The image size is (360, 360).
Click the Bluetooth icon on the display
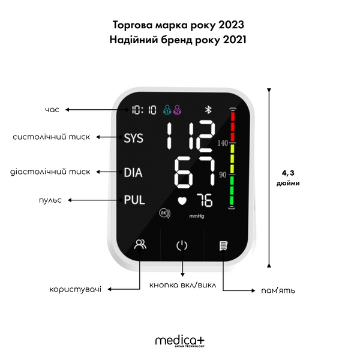coord(208,110)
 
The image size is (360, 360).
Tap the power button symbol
coord(182,245)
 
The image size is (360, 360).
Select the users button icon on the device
coord(140,244)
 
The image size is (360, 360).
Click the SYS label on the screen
coord(133,138)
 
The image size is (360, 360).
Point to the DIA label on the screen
coord(133,172)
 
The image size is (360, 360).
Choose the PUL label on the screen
coord(134,200)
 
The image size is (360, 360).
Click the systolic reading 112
coord(191,136)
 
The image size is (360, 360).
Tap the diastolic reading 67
coord(194,172)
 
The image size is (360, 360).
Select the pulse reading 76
coord(205,200)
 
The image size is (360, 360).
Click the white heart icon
coord(182,201)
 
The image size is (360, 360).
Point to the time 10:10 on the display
coord(144,110)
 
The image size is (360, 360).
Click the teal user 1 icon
coord(167,110)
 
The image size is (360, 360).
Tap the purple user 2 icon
coord(177,110)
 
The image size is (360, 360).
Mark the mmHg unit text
coord(197,216)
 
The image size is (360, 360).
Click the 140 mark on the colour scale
coord(223,143)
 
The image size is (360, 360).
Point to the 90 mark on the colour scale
coord(223,175)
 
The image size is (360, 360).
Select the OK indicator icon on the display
coord(165,213)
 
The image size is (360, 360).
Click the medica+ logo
coord(180,341)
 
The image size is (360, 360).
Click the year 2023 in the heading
coord(231,25)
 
